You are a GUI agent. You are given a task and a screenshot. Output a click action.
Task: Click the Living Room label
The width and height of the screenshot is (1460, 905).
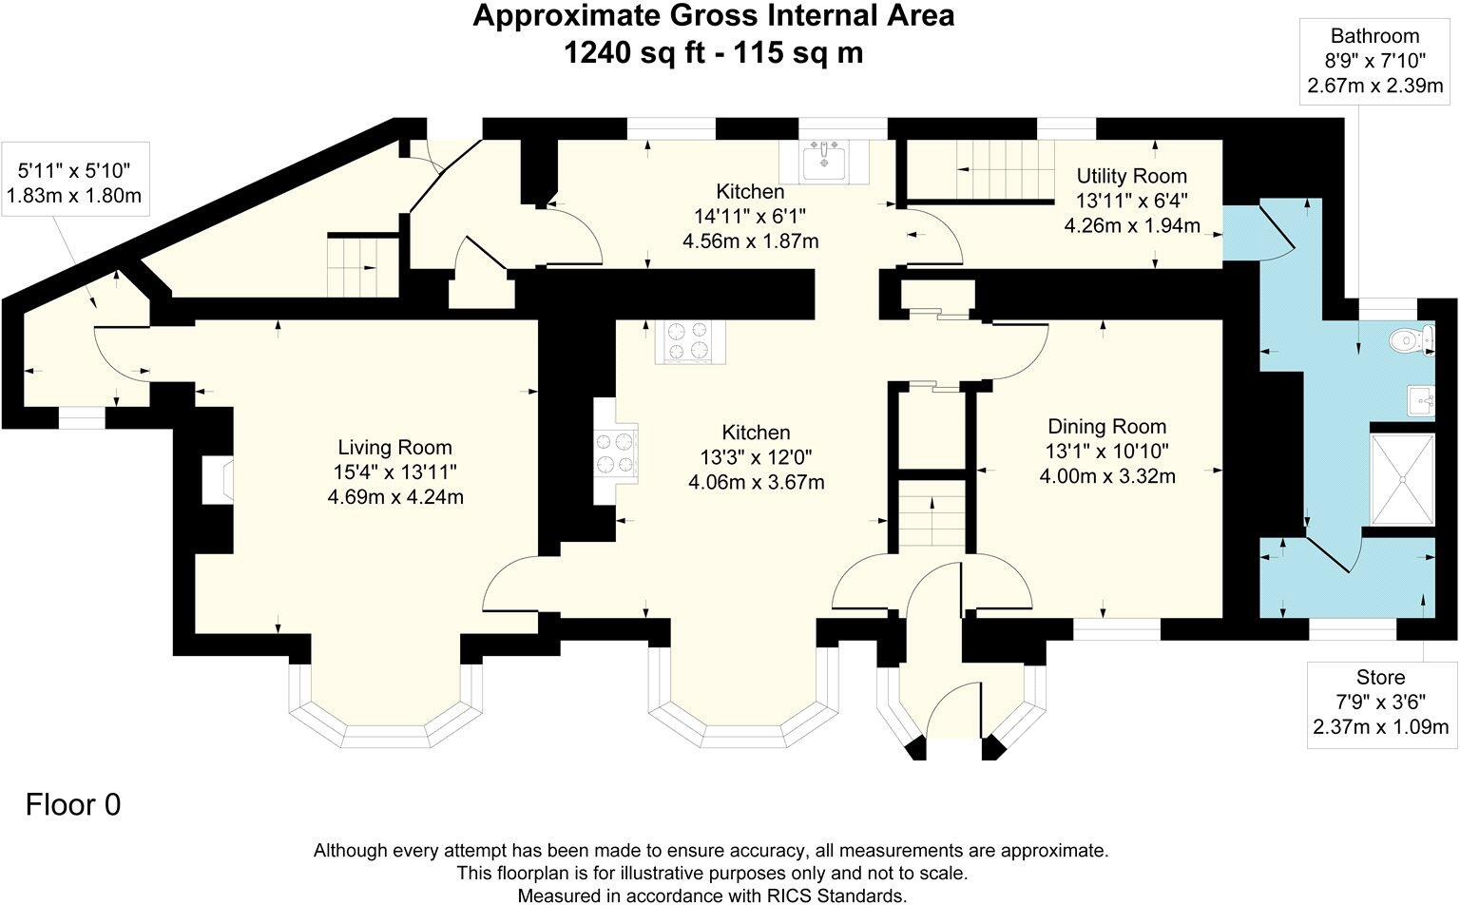tap(395, 447)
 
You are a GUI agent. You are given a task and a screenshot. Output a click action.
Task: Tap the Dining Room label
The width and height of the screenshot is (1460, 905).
tap(1106, 427)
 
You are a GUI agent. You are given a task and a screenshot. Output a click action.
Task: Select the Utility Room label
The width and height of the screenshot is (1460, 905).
tap(1131, 176)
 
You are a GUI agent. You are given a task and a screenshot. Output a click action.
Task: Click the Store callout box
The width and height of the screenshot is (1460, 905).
tap(1380, 703)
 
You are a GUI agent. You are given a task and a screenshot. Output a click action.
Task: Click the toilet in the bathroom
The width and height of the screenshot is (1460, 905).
tap(1407, 339)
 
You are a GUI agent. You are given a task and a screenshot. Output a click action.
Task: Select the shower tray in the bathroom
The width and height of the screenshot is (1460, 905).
tap(1401, 479)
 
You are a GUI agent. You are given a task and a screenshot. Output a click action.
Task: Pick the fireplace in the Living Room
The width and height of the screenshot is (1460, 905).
tap(217, 479)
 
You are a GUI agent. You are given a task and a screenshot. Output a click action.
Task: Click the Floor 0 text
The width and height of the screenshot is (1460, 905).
tap(73, 805)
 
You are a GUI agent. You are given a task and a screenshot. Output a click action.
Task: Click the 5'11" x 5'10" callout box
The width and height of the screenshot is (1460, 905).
tap(74, 183)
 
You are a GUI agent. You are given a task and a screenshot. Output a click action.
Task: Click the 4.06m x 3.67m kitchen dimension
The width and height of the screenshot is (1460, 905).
tap(756, 482)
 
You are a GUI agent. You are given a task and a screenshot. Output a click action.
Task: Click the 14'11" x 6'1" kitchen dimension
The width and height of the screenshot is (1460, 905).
tap(750, 217)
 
